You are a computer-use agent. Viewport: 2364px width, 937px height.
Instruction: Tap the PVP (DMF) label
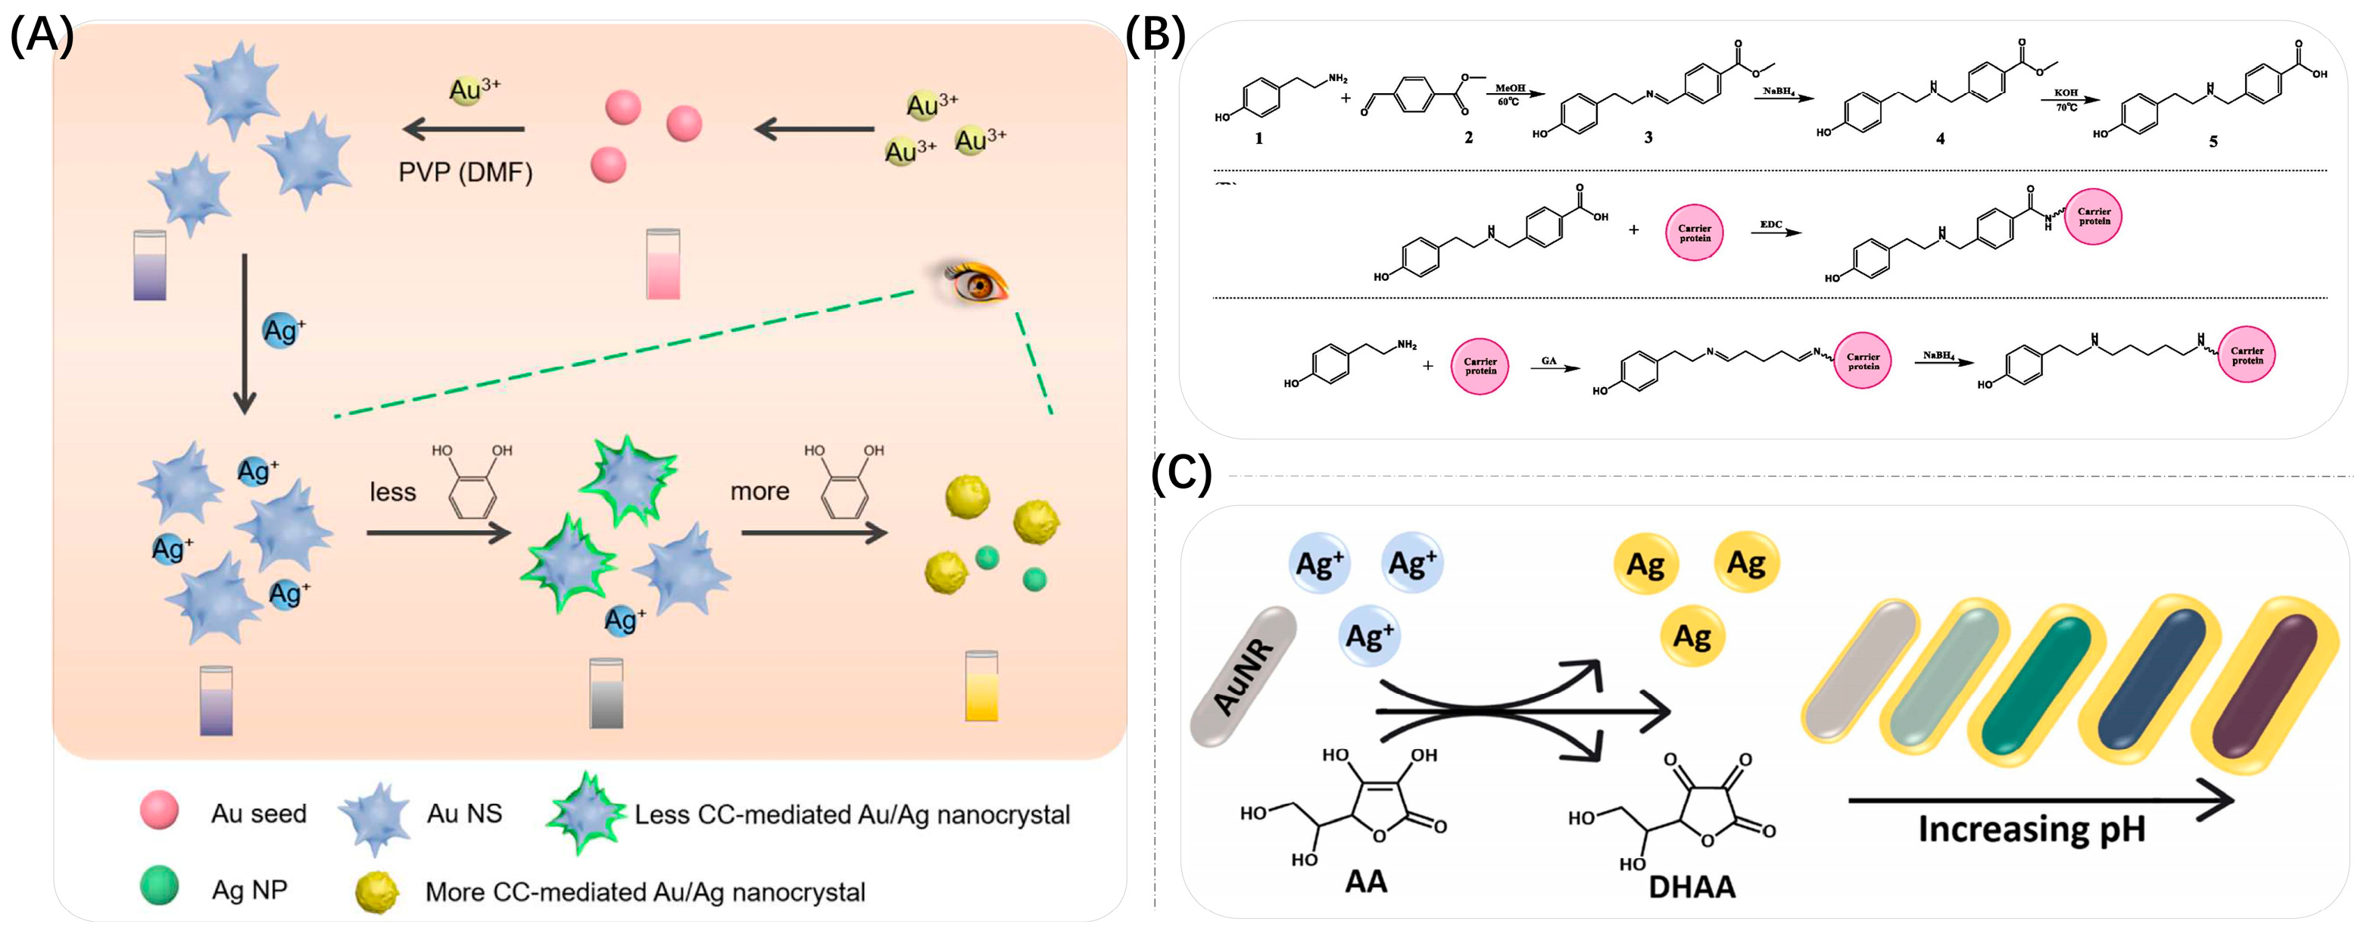point(465,173)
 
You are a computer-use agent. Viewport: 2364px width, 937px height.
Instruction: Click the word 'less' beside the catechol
point(393,493)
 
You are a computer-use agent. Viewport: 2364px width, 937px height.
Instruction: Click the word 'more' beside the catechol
point(760,492)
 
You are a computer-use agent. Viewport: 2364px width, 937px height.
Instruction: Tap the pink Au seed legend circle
point(159,811)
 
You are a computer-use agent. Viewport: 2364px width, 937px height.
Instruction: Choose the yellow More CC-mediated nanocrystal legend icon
point(376,892)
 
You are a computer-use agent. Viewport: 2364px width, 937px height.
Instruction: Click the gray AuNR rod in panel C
point(1243,677)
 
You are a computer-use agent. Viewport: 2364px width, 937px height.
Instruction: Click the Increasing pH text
point(2032,829)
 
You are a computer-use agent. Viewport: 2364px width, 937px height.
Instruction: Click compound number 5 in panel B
point(2213,142)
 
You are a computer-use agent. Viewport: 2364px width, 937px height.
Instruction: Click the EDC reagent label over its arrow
point(1770,224)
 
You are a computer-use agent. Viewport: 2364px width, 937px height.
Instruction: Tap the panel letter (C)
point(1181,474)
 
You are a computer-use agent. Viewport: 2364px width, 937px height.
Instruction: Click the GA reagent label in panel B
point(1548,361)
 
